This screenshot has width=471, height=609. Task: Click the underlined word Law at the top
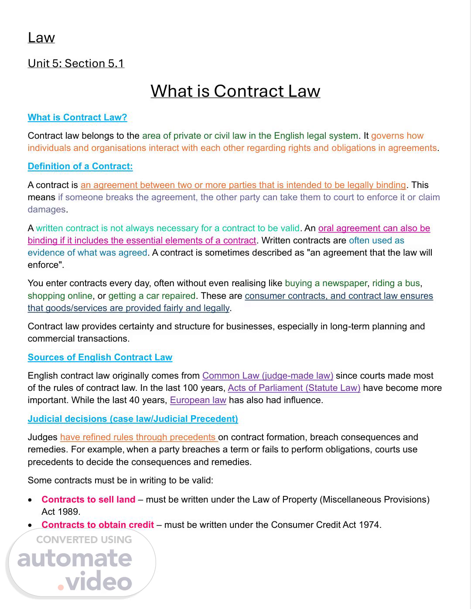[x=41, y=38]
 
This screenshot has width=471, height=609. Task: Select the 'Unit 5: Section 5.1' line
[x=76, y=63]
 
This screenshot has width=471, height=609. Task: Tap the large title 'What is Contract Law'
[x=235, y=91]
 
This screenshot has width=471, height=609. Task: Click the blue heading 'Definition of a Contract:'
[x=80, y=166]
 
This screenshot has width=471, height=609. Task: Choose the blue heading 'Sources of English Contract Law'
[x=100, y=357]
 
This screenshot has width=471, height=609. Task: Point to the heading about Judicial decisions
[x=133, y=419]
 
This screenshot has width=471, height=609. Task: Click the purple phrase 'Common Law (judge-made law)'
[x=267, y=376]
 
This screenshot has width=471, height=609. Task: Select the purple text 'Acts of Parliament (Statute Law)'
[x=294, y=388]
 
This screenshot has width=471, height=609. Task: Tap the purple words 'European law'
[x=198, y=400]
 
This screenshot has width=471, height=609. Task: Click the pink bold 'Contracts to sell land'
[x=88, y=500]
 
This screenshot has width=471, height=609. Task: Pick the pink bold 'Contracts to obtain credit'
[x=97, y=525]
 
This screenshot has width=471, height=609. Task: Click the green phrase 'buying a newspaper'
[x=326, y=283]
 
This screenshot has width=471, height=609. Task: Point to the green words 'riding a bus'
[x=396, y=283]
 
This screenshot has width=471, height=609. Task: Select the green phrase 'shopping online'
[x=60, y=296]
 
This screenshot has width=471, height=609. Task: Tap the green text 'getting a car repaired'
[x=152, y=296]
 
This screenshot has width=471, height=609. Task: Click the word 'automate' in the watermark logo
[x=74, y=559]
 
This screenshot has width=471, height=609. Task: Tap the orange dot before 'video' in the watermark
[x=61, y=587]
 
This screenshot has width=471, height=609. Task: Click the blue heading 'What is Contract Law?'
[x=77, y=117]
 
